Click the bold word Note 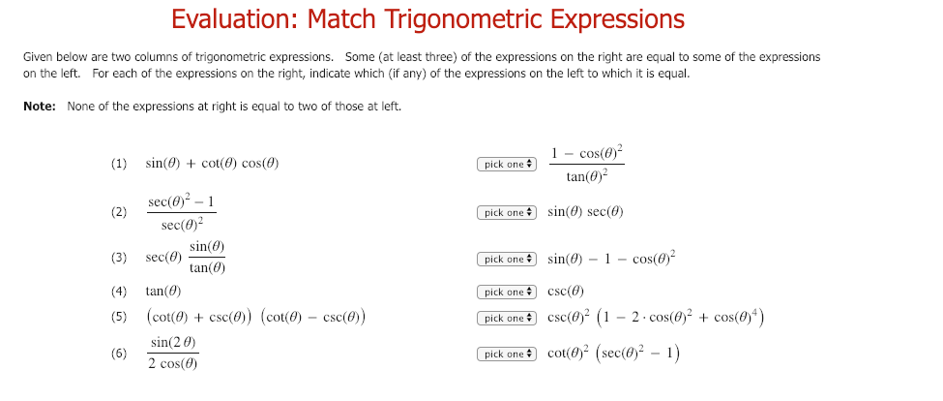(x=39, y=107)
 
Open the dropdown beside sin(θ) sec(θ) (x=506, y=212)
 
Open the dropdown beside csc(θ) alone (x=506, y=292)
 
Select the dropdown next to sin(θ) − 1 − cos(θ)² (x=506, y=260)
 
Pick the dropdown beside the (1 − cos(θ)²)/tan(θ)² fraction (x=506, y=165)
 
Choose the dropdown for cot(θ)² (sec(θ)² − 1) (x=506, y=355)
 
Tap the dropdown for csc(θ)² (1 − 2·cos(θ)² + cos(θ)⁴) (x=506, y=318)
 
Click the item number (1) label (x=119, y=164)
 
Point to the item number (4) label (x=119, y=291)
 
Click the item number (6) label (x=119, y=354)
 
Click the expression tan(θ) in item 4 (x=162, y=291)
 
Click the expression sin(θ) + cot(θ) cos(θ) (x=212, y=164)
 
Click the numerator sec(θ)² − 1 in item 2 (x=182, y=202)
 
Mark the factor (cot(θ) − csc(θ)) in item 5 (x=311, y=317)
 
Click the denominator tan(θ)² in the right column (x=587, y=176)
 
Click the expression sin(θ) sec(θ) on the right (x=585, y=212)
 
